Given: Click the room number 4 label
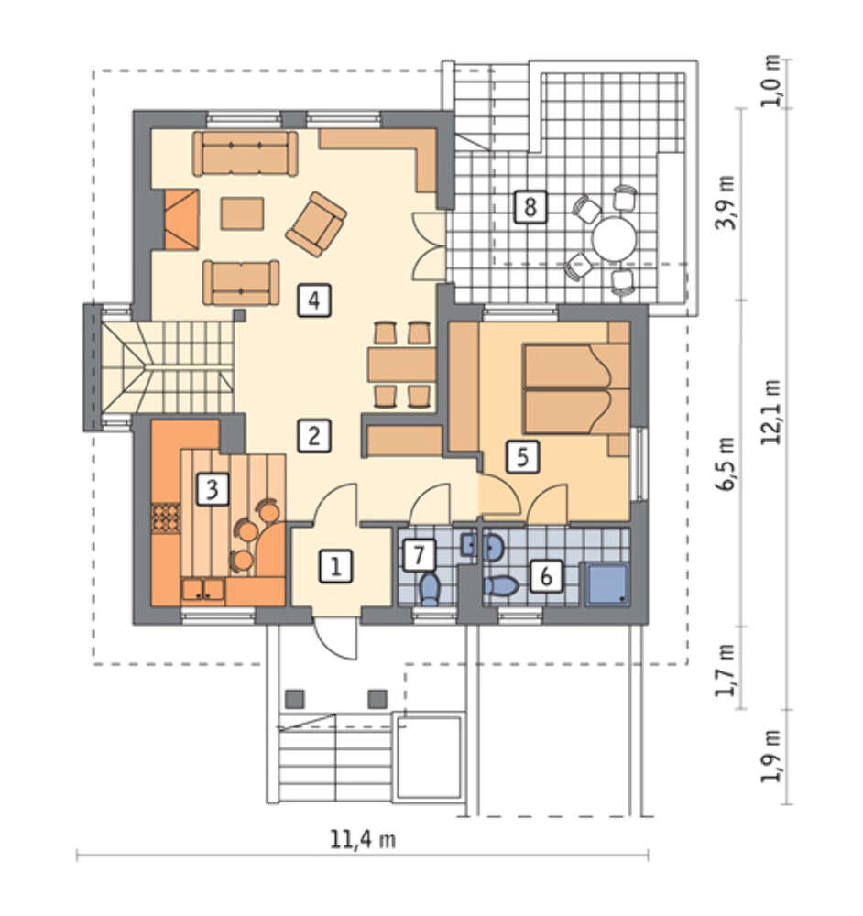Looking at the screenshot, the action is pyautogui.click(x=314, y=300).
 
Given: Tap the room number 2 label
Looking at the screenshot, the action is pyautogui.click(x=314, y=436).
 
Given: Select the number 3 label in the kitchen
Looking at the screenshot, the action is pyautogui.click(x=213, y=489).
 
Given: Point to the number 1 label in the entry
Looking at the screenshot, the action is pyautogui.click(x=336, y=566).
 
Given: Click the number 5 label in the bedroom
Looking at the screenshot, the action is pyautogui.click(x=522, y=456).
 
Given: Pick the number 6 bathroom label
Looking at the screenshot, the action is pyautogui.click(x=546, y=576).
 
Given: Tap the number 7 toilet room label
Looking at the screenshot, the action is pyautogui.click(x=419, y=555).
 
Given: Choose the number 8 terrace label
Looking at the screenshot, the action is pyautogui.click(x=530, y=207).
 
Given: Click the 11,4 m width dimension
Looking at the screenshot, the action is pyautogui.click(x=363, y=839).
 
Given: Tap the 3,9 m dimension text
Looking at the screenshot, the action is pyautogui.click(x=725, y=202).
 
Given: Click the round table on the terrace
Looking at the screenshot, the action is pyautogui.click(x=614, y=239).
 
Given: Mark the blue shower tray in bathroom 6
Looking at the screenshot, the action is pyautogui.click(x=607, y=584).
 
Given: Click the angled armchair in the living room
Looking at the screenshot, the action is pyautogui.click(x=316, y=224).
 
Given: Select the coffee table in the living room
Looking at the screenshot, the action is pyautogui.click(x=242, y=213).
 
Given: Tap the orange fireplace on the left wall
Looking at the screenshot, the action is pyautogui.click(x=181, y=220).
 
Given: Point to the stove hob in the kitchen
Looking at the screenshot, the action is pyautogui.click(x=165, y=518).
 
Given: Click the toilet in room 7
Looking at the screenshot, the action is pyautogui.click(x=430, y=588).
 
